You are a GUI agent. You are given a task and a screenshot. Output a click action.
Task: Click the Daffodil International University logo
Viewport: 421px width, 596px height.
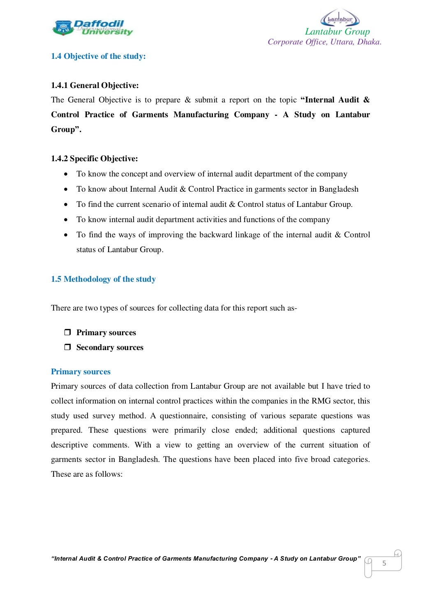(x=93, y=28)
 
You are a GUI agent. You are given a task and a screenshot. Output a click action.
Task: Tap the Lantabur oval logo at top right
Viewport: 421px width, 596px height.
(x=340, y=19)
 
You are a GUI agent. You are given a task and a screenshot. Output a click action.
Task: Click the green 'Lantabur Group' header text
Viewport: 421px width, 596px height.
(x=337, y=32)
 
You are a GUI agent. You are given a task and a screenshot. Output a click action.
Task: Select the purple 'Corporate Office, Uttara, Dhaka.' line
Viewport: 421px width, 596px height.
(x=324, y=42)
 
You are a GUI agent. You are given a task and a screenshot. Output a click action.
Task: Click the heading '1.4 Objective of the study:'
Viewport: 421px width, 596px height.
(x=98, y=56)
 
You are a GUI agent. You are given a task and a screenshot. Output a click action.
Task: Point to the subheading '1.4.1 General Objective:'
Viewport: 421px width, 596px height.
(x=95, y=86)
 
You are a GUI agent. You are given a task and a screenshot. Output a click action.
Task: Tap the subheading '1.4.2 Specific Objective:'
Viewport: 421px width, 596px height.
(x=94, y=159)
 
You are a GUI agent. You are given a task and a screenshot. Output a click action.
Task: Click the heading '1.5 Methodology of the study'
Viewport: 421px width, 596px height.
(x=103, y=279)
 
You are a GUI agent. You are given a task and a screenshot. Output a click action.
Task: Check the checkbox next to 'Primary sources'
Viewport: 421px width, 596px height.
(x=67, y=332)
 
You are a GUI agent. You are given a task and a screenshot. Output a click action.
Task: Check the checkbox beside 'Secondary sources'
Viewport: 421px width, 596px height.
(x=67, y=347)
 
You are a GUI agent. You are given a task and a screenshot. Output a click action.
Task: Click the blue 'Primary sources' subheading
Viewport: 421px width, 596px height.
(x=81, y=372)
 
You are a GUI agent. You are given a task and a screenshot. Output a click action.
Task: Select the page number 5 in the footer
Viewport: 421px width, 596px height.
(x=384, y=564)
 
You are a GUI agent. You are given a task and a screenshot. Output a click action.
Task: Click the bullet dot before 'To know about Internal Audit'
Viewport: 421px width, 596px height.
(x=66, y=189)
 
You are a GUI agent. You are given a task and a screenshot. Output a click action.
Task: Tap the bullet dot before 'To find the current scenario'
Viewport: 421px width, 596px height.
(x=66, y=204)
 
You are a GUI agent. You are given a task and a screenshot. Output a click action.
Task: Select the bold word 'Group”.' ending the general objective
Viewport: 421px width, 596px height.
(x=66, y=130)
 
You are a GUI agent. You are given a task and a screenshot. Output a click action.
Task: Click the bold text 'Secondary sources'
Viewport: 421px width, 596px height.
(x=110, y=348)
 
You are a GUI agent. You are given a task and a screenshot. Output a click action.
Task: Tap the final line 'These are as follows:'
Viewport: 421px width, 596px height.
(x=87, y=474)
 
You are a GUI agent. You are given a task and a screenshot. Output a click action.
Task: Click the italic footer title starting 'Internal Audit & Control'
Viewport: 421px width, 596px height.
(x=206, y=559)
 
